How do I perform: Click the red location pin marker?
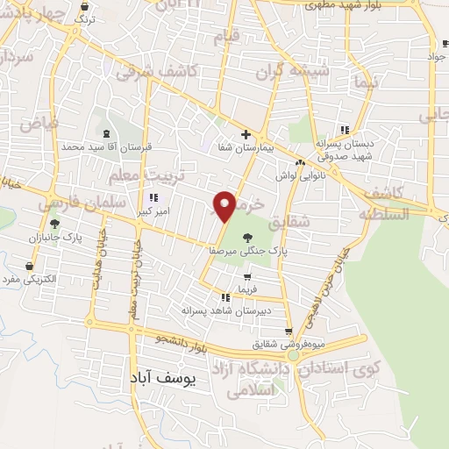tap(225, 205)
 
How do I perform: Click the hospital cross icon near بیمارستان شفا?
tap(246, 134)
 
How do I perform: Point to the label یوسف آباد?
tap(164, 378)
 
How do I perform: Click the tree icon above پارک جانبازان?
tap(54, 224)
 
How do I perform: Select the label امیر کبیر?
tap(153, 211)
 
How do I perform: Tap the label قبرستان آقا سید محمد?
tap(96, 146)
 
